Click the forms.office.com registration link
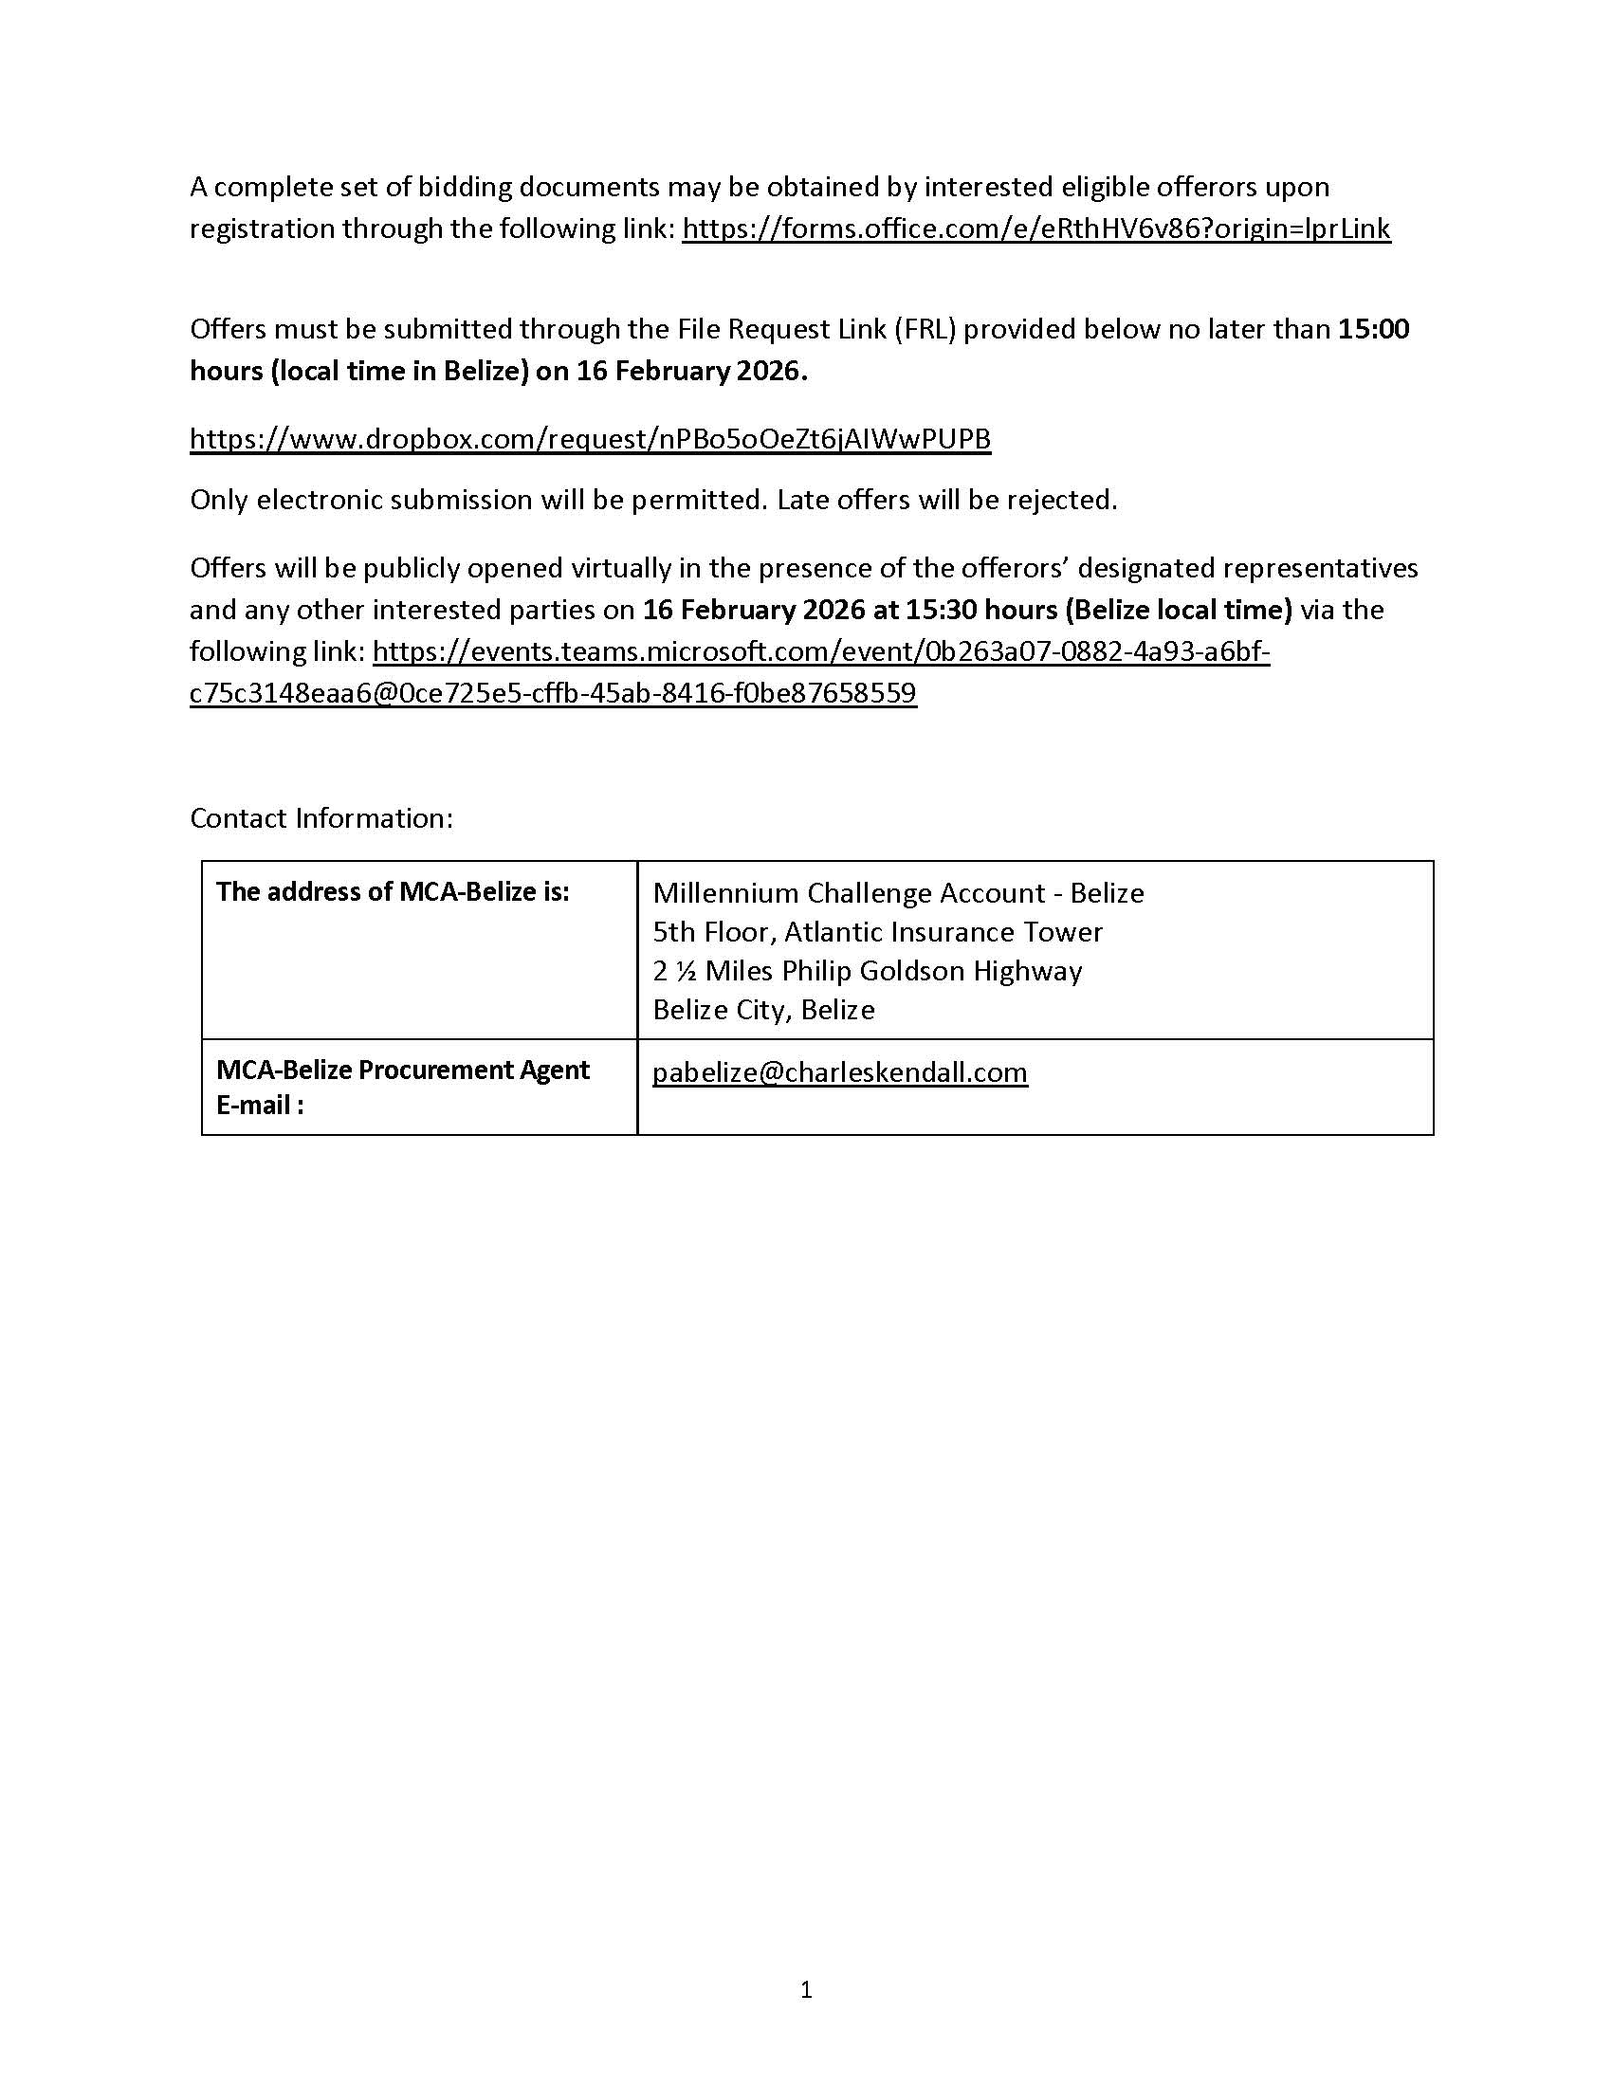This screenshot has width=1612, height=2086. pos(1036,229)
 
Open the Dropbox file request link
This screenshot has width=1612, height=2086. pos(590,438)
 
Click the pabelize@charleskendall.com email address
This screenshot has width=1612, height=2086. pos(839,1072)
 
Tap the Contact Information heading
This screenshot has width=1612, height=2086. pos(321,817)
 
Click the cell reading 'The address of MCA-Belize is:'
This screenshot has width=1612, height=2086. pos(393,891)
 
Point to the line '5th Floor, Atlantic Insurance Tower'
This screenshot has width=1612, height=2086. pos(878,931)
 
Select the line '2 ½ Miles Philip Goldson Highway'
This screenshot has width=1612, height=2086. pos(867,970)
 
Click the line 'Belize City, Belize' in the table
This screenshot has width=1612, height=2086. pos(763,1010)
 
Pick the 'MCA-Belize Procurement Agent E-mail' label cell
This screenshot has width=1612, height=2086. pos(402,1087)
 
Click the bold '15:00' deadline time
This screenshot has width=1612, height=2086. pos(1373,329)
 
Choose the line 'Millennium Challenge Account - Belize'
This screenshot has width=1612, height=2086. pos(898,892)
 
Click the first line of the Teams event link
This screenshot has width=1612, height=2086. pos(820,651)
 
